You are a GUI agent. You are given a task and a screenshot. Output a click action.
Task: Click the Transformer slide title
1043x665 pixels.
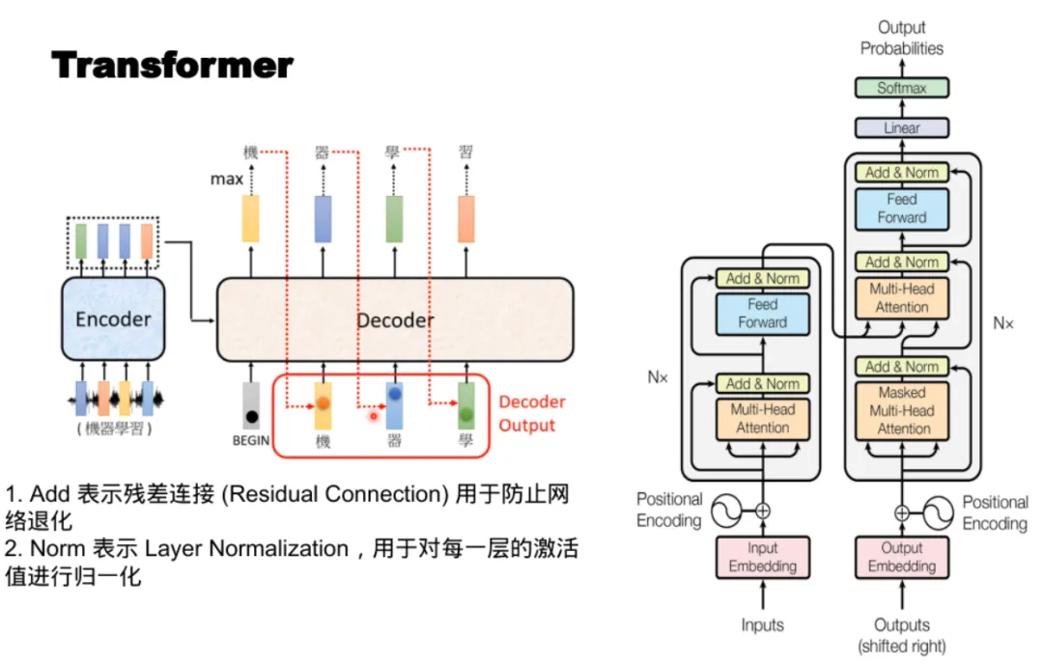pyautogui.click(x=172, y=66)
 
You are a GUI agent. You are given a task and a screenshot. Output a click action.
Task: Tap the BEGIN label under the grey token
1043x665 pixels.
pyautogui.click(x=249, y=440)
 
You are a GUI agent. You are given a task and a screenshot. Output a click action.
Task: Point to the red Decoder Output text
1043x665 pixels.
pyautogui.click(x=530, y=413)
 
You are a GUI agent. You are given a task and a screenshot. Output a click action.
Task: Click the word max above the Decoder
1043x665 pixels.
pyautogui.click(x=227, y=179)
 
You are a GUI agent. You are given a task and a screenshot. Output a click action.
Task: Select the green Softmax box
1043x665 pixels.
pyautogui.click(x=902, y=88)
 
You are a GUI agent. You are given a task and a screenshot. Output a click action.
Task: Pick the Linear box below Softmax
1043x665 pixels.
pyautogui.click(x=902, y=127)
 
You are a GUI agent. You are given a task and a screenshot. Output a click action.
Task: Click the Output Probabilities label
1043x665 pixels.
pyautogui.click(x=902, y=38)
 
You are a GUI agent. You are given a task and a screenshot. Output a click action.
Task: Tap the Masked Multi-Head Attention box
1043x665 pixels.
pyautogui.click(x=902, y=410)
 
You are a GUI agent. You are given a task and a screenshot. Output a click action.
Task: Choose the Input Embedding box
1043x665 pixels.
pyautogui.click(x=762, y=557)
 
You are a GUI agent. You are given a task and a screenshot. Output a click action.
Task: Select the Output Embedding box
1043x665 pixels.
pyautogui.click(x=902, y=557)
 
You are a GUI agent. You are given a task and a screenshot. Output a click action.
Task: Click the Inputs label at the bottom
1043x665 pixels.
pyautogui.click(x=762, y=625)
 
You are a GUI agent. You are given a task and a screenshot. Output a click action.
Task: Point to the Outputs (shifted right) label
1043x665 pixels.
pyautogui.click(x=902, y=635)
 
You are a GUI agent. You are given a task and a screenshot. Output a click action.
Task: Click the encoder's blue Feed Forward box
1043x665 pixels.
pyautogui.click(x=762, y=314)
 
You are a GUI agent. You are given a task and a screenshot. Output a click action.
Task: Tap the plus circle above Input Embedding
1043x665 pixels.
pyautogui.click(x=763, y=511)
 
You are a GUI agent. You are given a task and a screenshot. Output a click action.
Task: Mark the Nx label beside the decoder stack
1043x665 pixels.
pyautogui.click(x=1003, y=324)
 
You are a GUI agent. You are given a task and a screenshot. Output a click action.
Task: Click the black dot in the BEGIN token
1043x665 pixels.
pyautogui.click(x=251, y=417)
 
